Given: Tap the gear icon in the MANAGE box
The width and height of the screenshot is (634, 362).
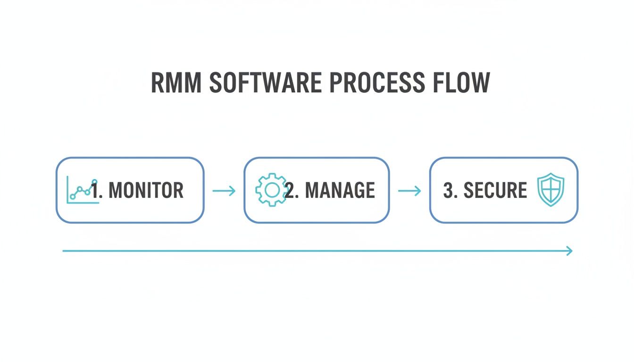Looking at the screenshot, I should [271, 190].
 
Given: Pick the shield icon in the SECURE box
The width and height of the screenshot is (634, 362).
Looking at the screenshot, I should [551, 189].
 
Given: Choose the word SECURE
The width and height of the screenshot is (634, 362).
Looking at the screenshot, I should [495, 190].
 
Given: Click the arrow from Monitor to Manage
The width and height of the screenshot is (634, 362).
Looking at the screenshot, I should [224, 191].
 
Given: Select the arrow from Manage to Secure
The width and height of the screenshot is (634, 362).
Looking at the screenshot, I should [409, 191].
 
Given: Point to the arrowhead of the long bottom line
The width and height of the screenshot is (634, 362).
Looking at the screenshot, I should [570, 251].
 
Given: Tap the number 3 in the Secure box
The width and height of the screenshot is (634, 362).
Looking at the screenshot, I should [448, 190].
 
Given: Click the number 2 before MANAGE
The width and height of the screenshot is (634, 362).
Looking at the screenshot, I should [291, 190].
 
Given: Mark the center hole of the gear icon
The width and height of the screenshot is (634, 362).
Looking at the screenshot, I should [271, 190].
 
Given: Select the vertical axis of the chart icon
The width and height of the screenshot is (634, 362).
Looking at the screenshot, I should [68, 189].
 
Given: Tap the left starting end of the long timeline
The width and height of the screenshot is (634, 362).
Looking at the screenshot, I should [64, 251].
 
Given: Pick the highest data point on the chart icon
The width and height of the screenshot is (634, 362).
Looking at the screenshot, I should [94, 181].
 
